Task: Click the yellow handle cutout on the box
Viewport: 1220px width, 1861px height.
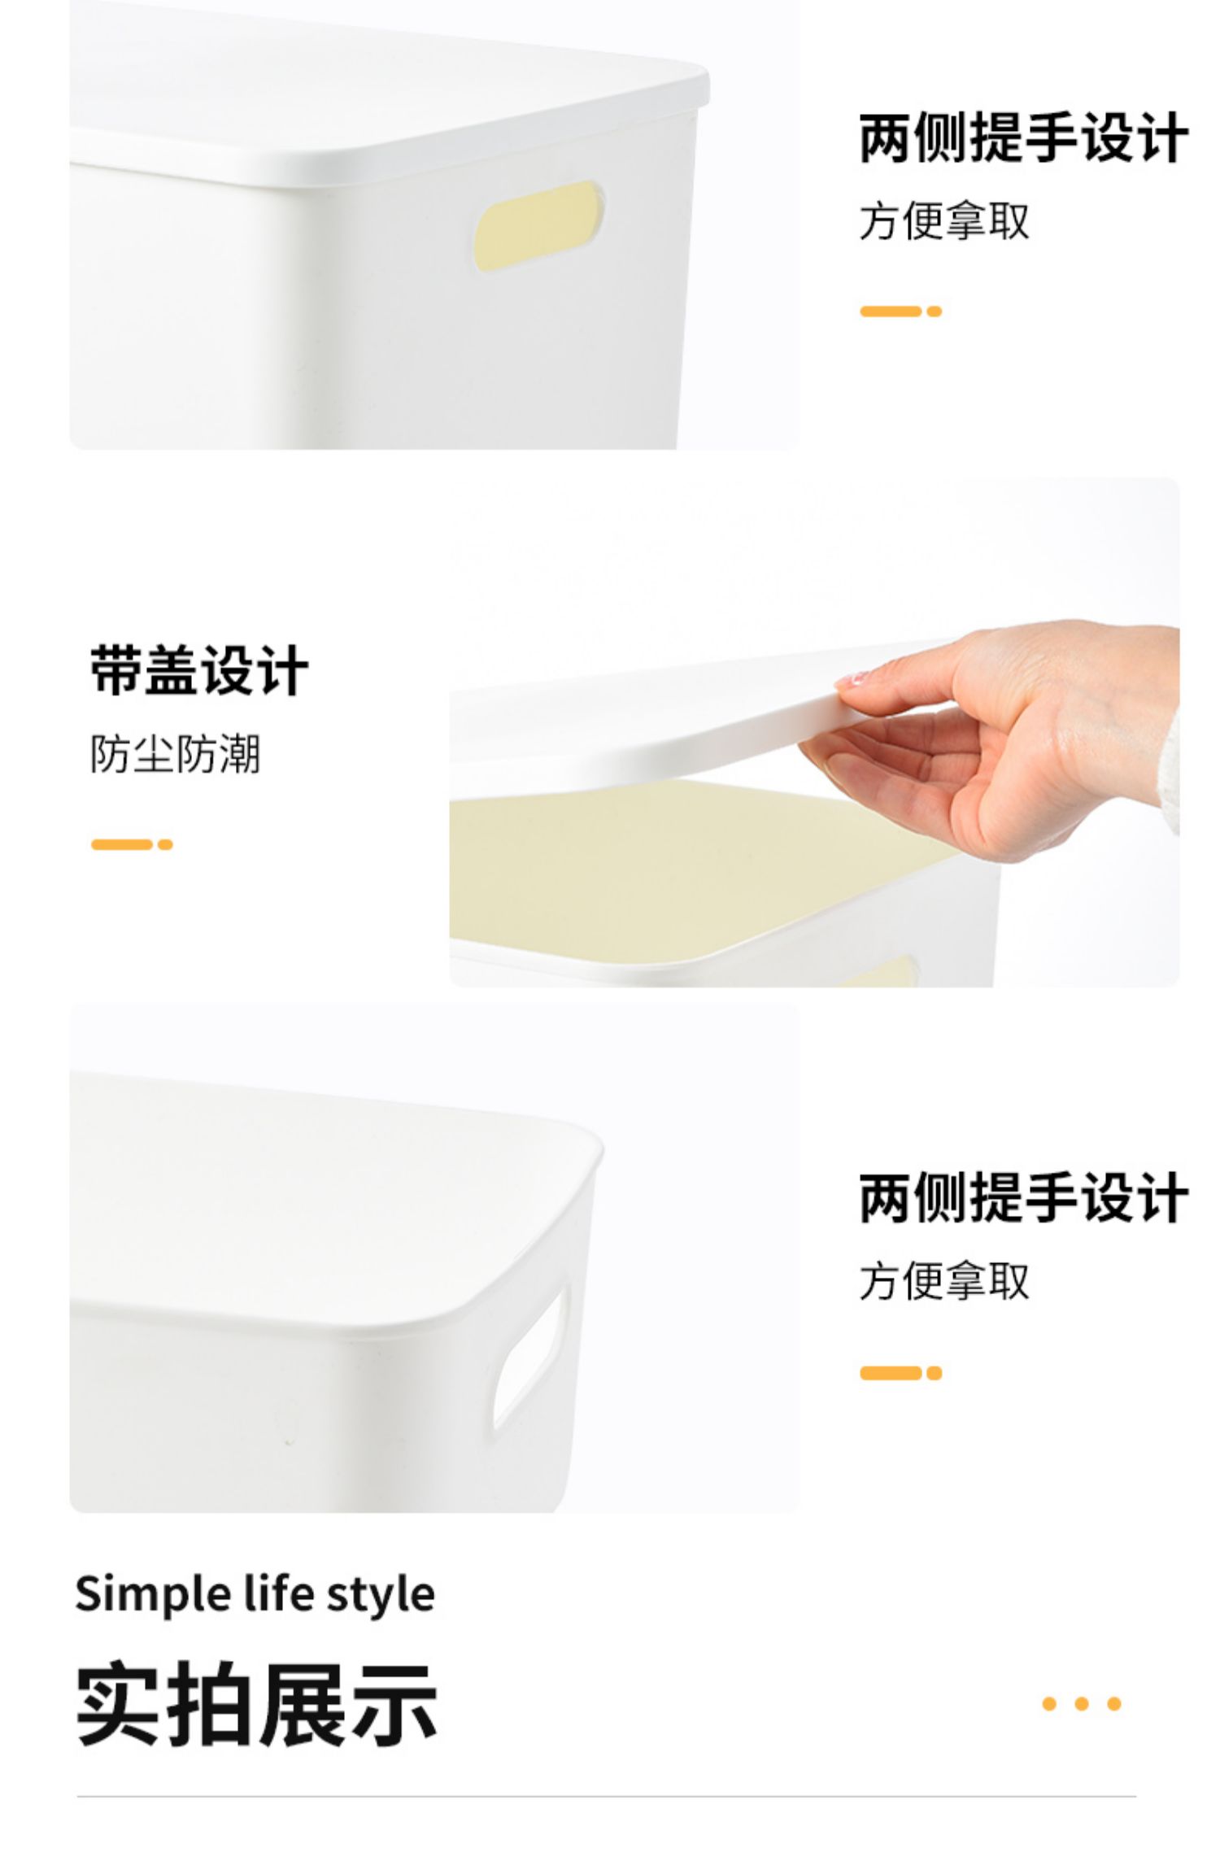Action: [x=539, y=226]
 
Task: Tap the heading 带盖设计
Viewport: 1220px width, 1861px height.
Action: [x=199, y=671]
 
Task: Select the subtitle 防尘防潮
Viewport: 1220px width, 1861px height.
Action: [x=175, y=754]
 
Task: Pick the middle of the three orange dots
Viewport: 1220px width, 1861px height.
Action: [x=1082, y=1704]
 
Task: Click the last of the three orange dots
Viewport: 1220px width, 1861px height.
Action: [x=1114, y=1704]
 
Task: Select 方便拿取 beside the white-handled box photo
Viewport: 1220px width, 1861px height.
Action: [x=944, y=1281]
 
